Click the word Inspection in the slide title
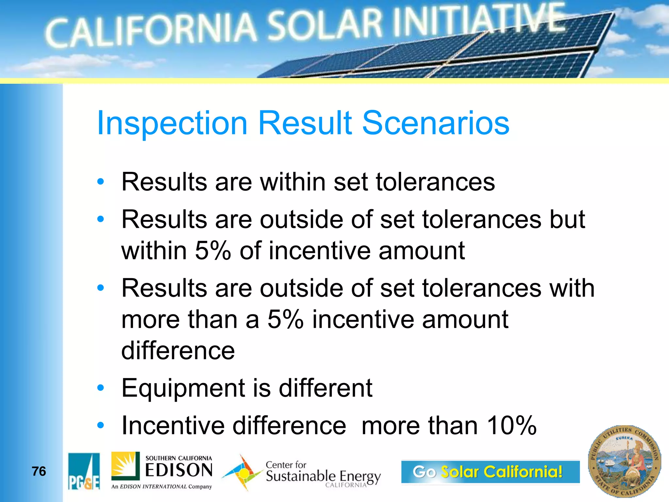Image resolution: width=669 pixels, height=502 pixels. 172,123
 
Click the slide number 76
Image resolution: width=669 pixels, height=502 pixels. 39,471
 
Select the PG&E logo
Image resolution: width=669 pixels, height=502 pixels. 84,471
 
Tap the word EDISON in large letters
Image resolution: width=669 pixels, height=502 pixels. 179,471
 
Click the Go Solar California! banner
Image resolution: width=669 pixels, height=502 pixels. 490,472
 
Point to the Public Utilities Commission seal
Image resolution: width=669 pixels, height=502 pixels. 624,461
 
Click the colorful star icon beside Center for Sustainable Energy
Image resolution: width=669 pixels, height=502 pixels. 242,473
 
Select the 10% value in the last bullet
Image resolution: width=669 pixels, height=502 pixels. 511,426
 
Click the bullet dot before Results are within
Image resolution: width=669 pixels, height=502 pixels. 101,182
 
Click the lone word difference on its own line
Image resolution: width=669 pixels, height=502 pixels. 178,351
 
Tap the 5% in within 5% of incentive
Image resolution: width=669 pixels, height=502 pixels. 213,251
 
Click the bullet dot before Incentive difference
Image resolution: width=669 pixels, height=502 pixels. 101,426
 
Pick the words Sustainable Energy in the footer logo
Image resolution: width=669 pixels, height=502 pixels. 323,476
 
